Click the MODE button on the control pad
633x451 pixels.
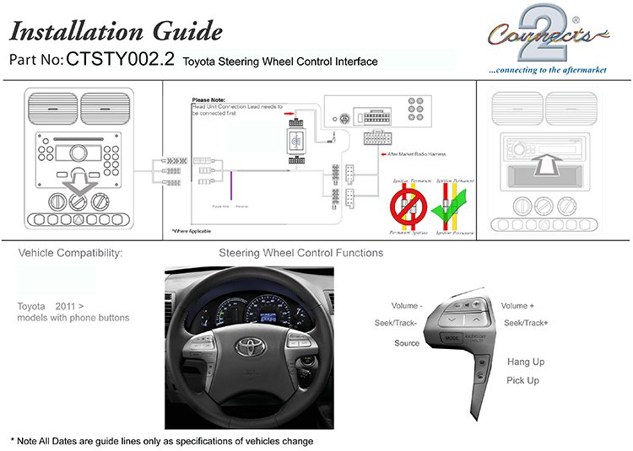click(452, 338)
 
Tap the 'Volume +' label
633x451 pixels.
click(518, 305)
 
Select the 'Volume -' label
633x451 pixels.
click(407, 305)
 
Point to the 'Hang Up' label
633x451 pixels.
click(525, 362)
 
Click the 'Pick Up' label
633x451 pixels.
click(522, 381)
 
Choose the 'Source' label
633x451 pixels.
click(407, 344)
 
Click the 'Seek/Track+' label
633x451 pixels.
click(526, 324)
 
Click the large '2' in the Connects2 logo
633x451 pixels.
click(535, 24)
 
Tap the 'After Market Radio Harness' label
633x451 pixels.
click(418, 154)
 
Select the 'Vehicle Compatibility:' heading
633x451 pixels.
click(71, 253)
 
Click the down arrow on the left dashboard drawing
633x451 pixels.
click(78, 179)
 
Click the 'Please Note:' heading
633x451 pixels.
click(208, 99)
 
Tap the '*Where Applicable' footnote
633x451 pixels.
click(192, 231)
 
